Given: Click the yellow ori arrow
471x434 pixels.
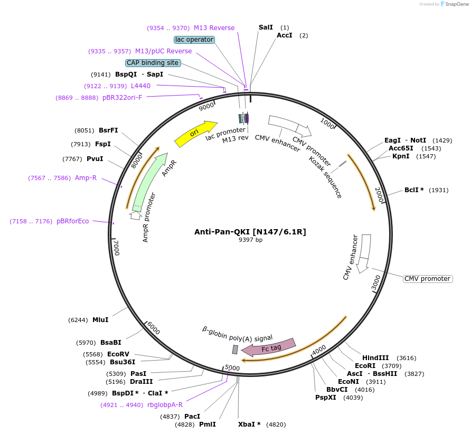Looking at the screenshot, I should (x=195, y=134).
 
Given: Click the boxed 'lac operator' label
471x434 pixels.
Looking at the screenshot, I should (x=194, y=40).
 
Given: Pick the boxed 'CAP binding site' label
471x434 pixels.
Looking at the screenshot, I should (x=153, y=63).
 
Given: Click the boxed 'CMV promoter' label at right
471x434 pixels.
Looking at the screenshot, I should (x=428, y=279).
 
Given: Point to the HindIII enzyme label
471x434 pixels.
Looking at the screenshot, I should (x=375, y=358).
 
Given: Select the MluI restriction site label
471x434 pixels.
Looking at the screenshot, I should (x=100, y=320).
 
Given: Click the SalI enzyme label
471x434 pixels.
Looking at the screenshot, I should (x=266, y=27).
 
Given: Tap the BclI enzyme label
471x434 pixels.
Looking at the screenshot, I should (x=414, y=190).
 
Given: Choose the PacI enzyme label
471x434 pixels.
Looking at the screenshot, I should (x=192, y=417).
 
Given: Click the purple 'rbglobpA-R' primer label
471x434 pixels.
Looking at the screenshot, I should (x=165, y=405).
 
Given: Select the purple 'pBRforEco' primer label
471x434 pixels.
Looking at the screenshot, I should (x=73, y=221).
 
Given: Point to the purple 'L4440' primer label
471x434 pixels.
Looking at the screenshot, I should (x=140, y=86).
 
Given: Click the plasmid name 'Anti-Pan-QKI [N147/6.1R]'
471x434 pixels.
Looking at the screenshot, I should (x=250, y=232).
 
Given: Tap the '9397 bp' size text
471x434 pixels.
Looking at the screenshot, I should (x=250, y=240).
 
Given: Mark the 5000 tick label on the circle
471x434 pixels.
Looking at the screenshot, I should (x=232, y=368).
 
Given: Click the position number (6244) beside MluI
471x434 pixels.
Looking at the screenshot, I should (x=78, y=320).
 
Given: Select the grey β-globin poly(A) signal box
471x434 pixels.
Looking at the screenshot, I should (x=235, y=350).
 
